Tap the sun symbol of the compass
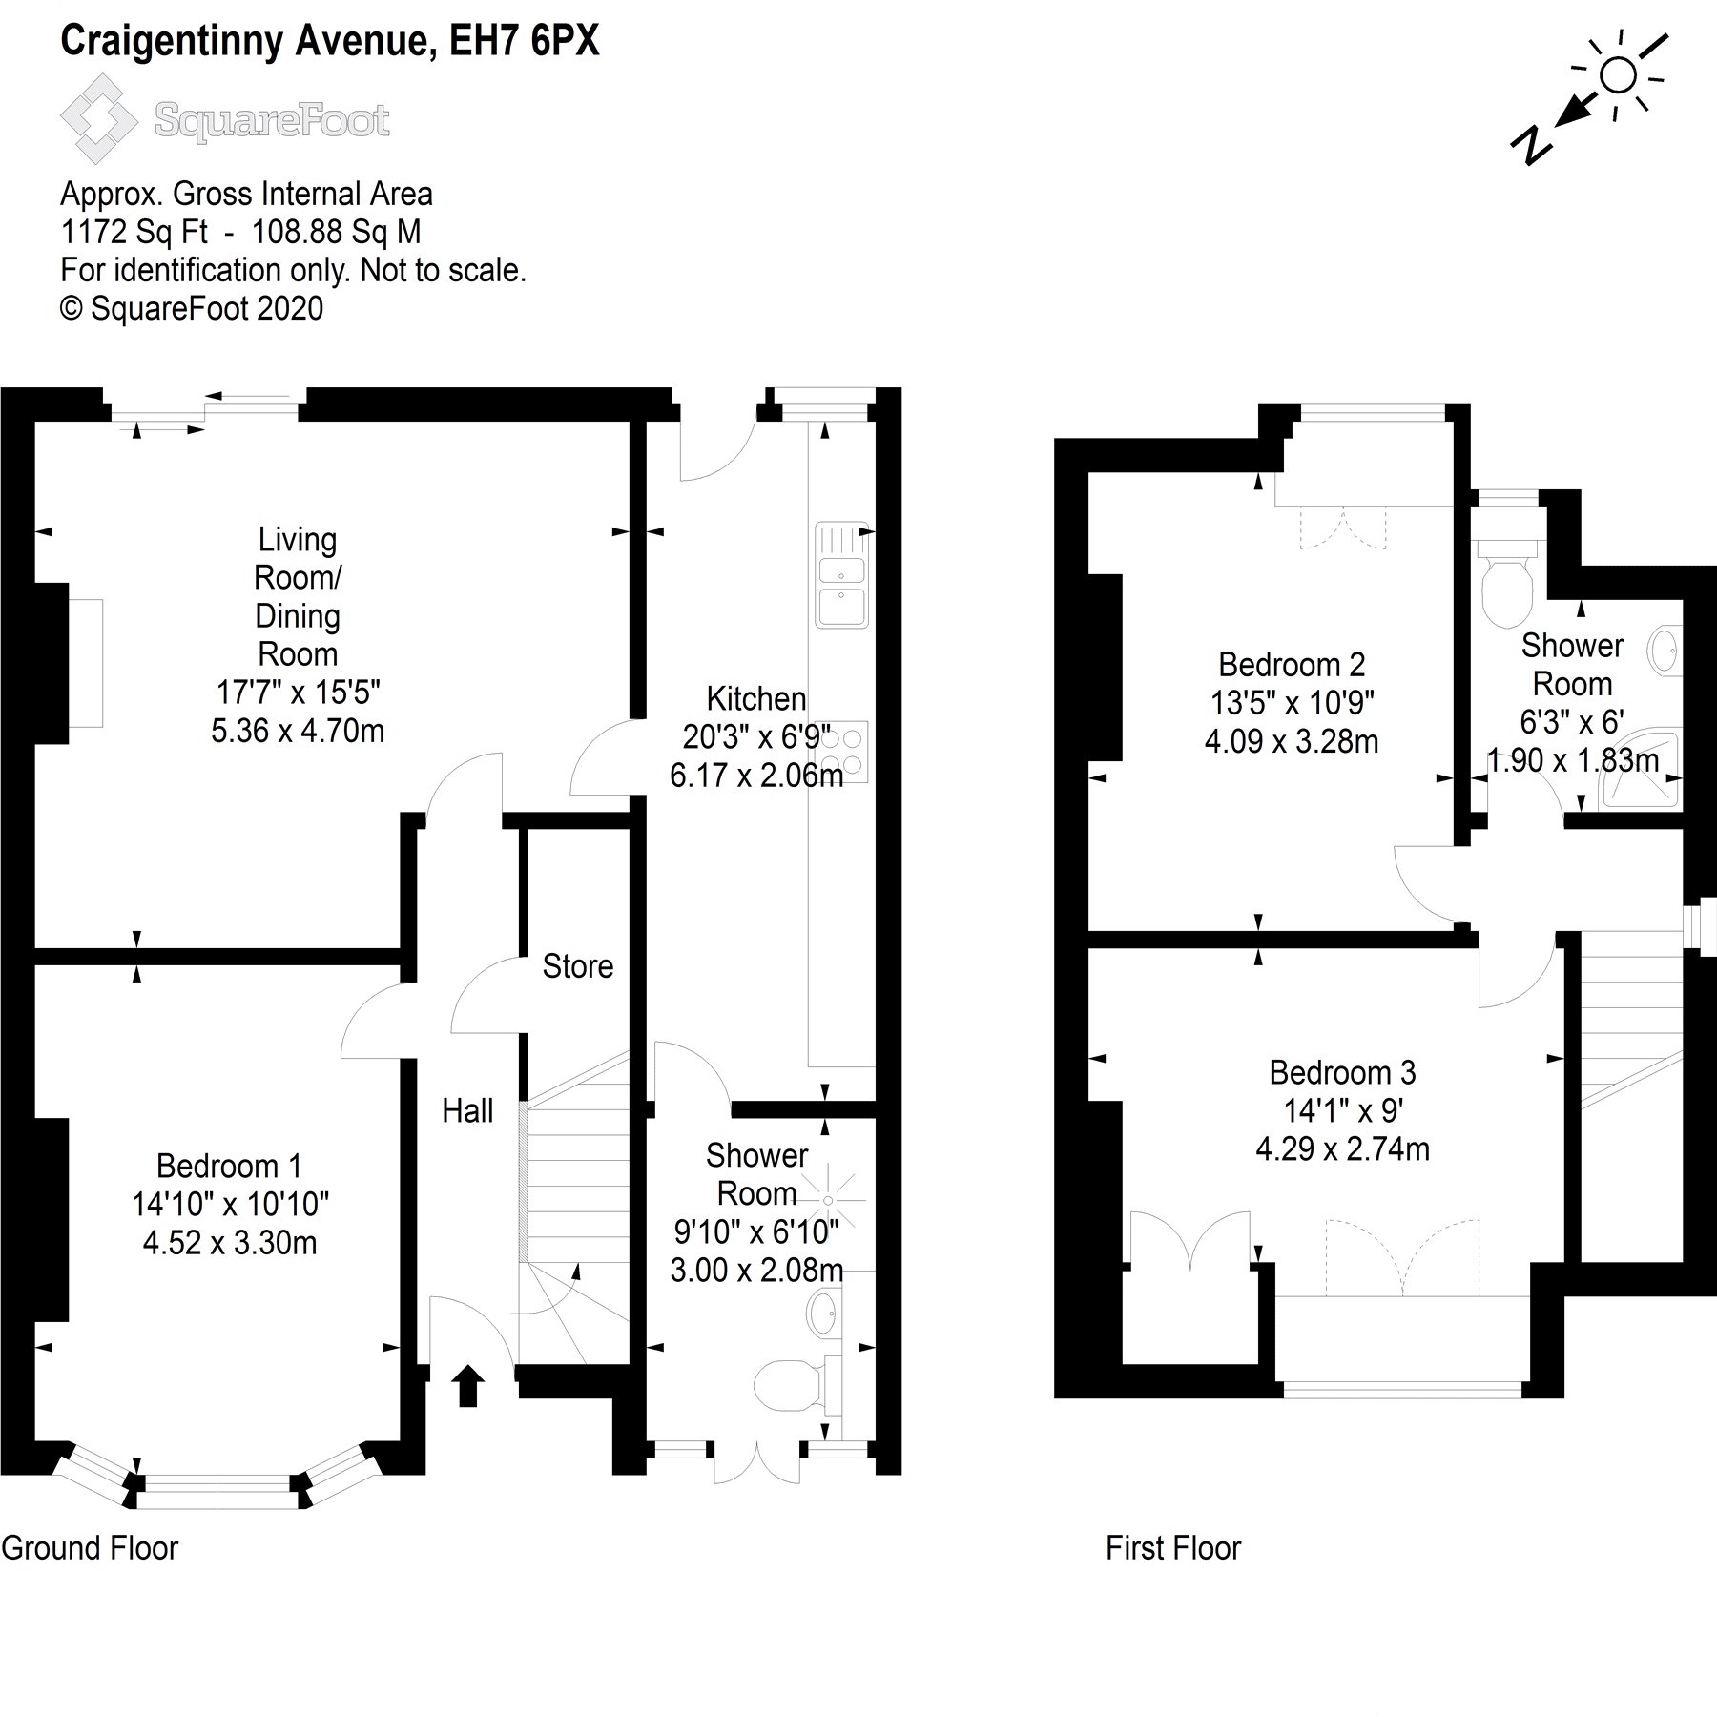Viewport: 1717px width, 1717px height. pyautogui.click(x=1618, y=74)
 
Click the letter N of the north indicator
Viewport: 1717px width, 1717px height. pyautogui.click(x=1531, y=144)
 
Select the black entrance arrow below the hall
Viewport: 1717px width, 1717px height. pyautogui.click(x=467, y=1385)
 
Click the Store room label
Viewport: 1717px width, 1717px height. pyautogui.click(x=577, y=966)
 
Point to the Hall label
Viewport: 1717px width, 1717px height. pyautogui.click(x=467, y=1110)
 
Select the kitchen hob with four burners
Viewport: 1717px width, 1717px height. pyautogui.click(x=841, y=752)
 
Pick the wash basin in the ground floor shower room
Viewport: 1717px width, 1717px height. pyautogui.click(x=823, y=1315)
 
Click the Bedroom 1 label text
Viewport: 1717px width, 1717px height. pyautogui.click(x=229, y=1166)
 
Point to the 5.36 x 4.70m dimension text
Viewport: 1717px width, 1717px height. pyautogui.click(x=298, y=731)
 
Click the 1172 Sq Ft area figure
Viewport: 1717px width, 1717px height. pyautogui.click(x=134, y=232)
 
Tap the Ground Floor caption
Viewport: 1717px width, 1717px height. pyautogui.click(x=90, y=1547)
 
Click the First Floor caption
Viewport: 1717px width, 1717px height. pyautogui.click(x=1172, y=1547)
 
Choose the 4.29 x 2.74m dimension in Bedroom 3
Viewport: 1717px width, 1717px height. pyautogui.click(x=1342, y=1149)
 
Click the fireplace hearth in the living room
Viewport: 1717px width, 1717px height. pyautogui.click(x=85, y=663)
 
